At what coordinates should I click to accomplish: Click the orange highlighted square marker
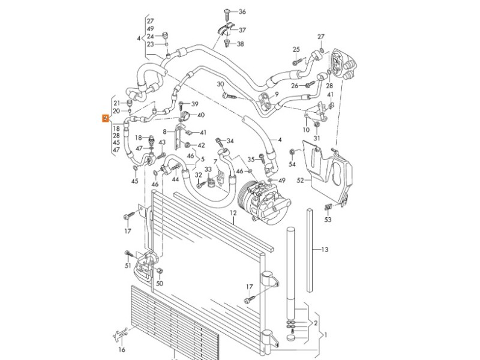pyautogui.click(x=106, y=118)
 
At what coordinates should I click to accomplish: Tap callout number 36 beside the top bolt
pyautogui.click(x=242, y=12)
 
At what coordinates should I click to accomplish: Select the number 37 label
pyautogui.click(x=242, y=29)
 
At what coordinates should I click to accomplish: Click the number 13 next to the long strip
pyautogui.click(x=325, y=249)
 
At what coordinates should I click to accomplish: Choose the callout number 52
pyautogui.click(x=301, y=178)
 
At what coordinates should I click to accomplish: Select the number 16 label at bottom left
pyautogui.click(x=121, y=350)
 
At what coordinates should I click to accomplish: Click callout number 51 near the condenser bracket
pyautogui.click(x=128, y=265)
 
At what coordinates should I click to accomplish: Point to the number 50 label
pyautogui.click(x=160, y=284)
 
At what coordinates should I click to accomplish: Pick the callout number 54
pyautogui.click(x=292, y=164)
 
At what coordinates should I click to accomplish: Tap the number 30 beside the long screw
pyautogui.click(x=221, y=84)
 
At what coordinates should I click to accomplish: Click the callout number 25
pyautogui.click(x=296, y=49)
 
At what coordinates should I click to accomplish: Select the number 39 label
pyautogui.click(x=195, y=104)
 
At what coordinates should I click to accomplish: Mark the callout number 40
pyautogui.click(x=200, y=115)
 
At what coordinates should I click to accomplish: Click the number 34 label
pyautogui.click(x=230, y=142)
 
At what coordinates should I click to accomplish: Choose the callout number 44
pyautogui.click(x=176, y=179)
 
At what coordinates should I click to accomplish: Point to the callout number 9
pyautogui.click(x=277, y=94)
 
